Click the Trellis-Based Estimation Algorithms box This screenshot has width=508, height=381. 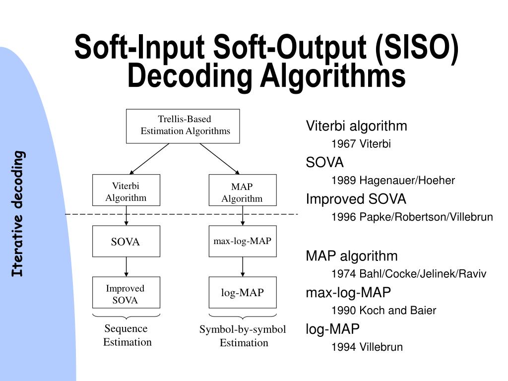183,126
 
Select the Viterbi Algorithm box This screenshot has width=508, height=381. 126,190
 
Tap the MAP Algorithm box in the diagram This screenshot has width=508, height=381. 243,190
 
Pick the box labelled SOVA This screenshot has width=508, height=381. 126,241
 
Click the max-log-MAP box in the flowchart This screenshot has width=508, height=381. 243,241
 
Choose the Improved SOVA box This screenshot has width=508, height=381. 126,292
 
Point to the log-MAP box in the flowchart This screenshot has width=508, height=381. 243,292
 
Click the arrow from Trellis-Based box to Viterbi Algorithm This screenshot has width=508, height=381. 149,159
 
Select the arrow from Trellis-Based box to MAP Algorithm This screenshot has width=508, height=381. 220,159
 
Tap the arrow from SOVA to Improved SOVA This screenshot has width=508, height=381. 126,266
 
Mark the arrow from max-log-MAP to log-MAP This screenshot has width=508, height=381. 243,266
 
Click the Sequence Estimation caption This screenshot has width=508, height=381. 127,335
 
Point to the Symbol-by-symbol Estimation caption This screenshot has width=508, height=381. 243,336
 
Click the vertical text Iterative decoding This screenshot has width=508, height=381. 18,214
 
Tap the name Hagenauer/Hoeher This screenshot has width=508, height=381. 407,180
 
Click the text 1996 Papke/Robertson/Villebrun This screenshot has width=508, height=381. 412,217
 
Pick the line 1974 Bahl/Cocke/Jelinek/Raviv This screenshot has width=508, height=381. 409,274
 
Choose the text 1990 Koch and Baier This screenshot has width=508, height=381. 383,311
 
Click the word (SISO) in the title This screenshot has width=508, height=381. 417,47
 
